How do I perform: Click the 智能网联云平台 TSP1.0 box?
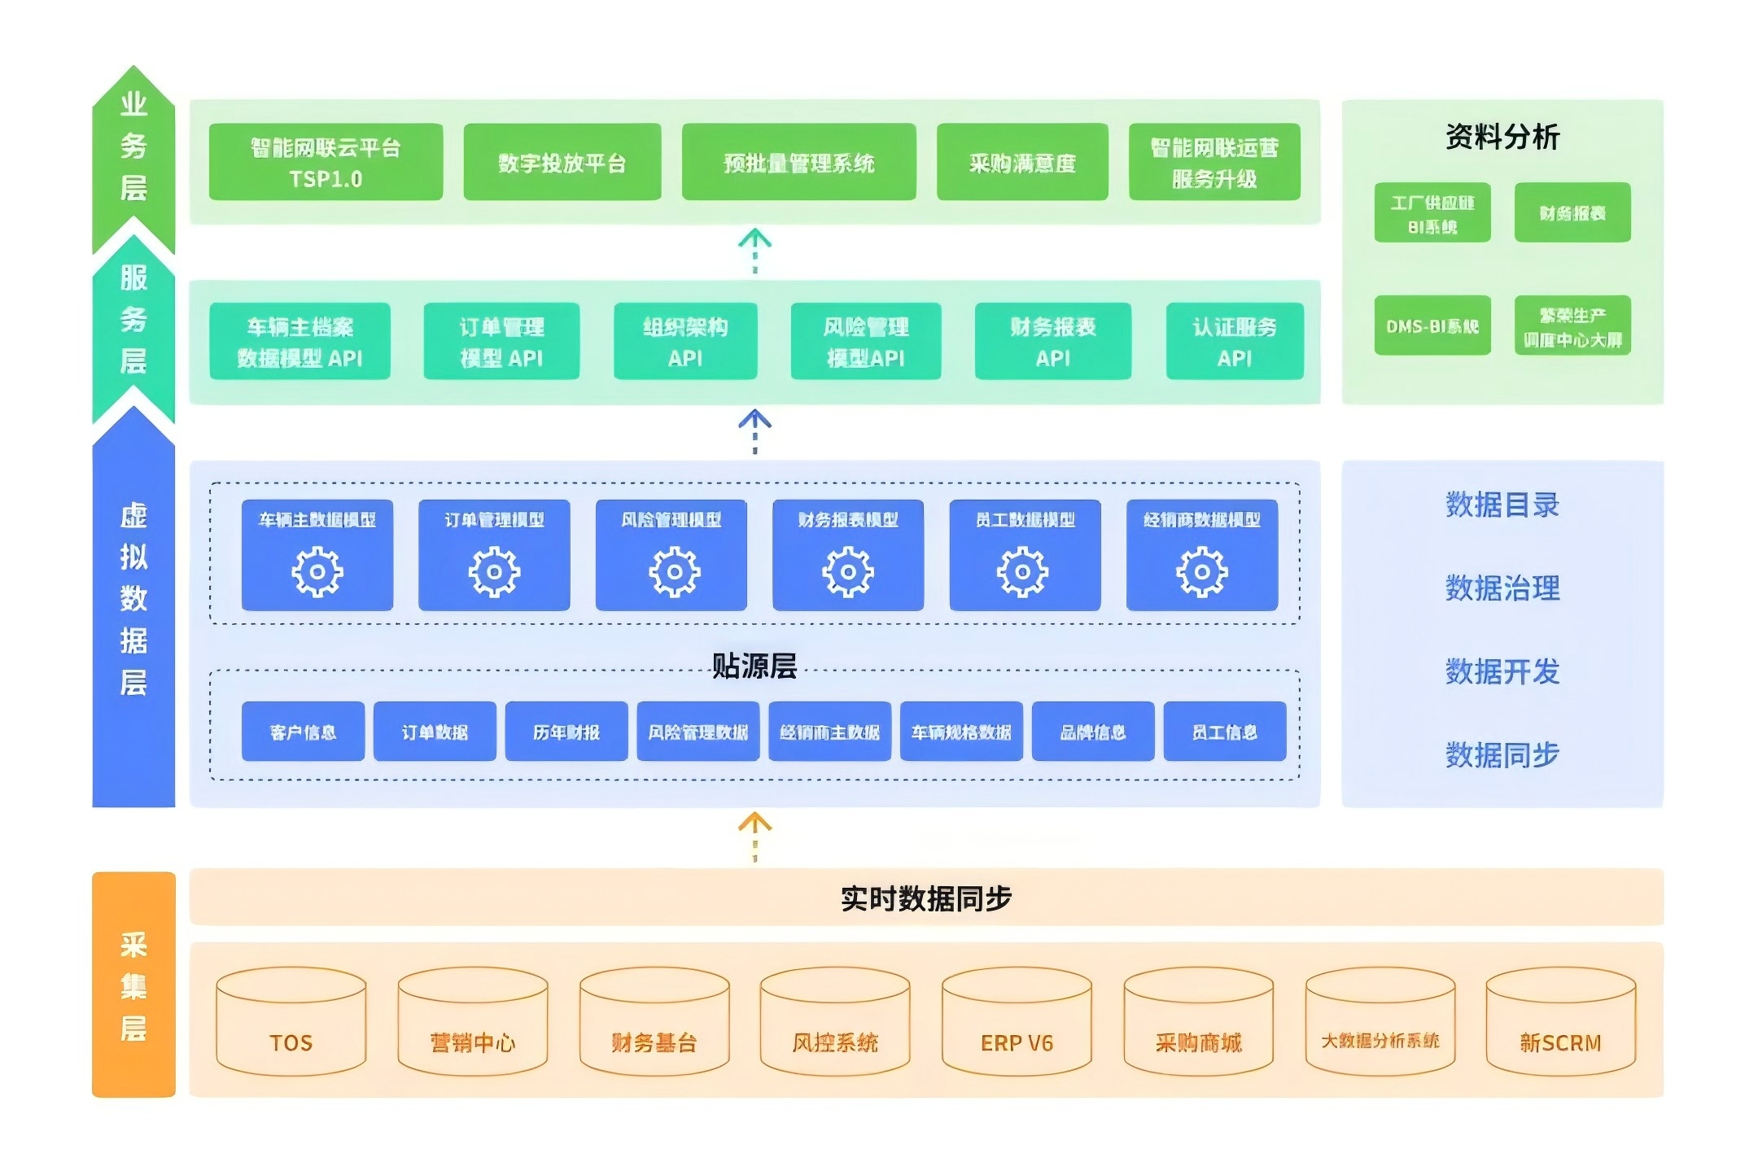pyautogui.click(x=326, y=162)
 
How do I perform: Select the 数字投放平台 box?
pyautogui.click(x=562, y=162)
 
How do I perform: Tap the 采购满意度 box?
pyautogui.click(x=1022, y=162)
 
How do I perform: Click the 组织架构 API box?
pyautogui.click(x=685, y=341)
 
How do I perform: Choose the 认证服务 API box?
pyautogui.click(x=1235, y=341)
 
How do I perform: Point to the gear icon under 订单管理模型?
pyautogui.click(x=494, y=572)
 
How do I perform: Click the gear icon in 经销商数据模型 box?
pyautogui.click(x=1201, y=572)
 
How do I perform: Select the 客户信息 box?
pyautogui.click(x=303, y=732)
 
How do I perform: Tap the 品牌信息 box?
pyautogui.click(x=1093, y=732)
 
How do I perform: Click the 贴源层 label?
pyautogui.click(x=754, y=666)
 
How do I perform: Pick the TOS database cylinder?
pyautogui.click(x=291, y=1021)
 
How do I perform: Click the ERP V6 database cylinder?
pyautogui.click(x=1017, y=1021)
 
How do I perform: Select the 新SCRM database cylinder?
pyautogui.click(x=1560, y=1021)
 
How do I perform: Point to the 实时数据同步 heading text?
pyautogui.click(x=926, y=898)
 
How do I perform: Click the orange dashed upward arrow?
pyautogui.click(x=754, y=837)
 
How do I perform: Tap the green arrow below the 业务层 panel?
pyautogui.click(x=754, y=251)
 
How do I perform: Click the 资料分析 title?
pyautogui.click(x=1502, y=137)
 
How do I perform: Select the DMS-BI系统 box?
pyautogui.click(x=1432, y=325)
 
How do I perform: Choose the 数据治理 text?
pyautogui.click(x=1502, y=588)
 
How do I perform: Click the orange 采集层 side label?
pyautogui.click(x=133, y=985)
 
